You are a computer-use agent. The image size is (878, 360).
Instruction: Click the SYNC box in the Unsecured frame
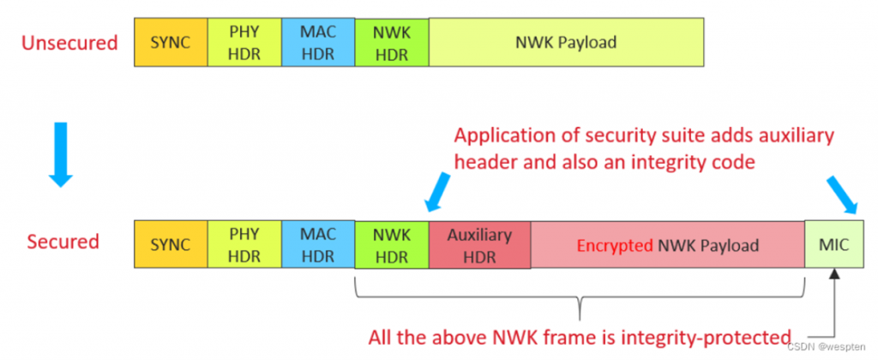(170, 42)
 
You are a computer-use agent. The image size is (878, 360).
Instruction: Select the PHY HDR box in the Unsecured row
(244, 42)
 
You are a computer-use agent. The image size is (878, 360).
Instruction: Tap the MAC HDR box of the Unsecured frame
(317, 42)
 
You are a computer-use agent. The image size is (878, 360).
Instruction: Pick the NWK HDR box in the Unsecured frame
(391, 42)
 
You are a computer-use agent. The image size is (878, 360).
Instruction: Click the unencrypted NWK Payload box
(566, 42)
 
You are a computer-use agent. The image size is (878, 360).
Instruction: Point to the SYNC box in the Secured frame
(170, 245)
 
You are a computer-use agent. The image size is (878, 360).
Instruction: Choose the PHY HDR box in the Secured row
(244, 245)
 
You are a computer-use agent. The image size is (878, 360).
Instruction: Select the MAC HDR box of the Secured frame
(317, 245)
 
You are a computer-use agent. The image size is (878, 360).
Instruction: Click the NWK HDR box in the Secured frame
(391, 245)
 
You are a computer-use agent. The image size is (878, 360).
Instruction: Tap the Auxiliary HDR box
(479, 245)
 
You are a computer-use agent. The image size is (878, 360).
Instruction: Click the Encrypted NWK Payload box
(667, 245)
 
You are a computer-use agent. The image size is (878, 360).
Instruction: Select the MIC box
(833, 245)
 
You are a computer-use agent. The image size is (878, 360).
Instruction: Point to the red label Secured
(63, 241)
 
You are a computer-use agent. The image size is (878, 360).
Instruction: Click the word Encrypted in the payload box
(612, 246)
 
